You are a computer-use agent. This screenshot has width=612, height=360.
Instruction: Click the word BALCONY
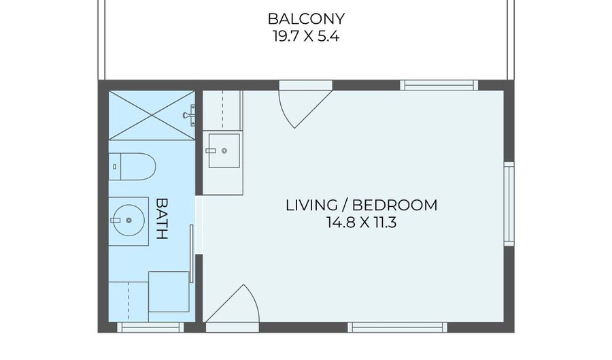click(306, 18)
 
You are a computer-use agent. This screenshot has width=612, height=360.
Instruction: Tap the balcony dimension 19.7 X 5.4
click(306, 36)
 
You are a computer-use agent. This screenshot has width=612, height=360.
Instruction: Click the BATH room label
click(162, 218)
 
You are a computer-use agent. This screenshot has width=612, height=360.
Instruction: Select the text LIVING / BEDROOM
click(362, 205)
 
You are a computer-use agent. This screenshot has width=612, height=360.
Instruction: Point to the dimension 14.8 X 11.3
click(362, 223)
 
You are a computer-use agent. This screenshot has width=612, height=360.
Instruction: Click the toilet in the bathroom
click(132, 166)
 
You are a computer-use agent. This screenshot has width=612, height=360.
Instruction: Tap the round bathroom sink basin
click(129, 220)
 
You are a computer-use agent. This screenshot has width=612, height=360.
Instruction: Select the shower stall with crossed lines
click(152, 115)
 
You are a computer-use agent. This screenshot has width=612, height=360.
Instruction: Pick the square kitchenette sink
click(224, 150)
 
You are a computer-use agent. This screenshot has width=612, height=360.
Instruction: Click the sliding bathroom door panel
click(191, 254)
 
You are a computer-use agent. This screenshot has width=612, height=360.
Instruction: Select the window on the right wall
click(509, 203)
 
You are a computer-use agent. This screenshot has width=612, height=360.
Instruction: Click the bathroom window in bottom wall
click(151, 327)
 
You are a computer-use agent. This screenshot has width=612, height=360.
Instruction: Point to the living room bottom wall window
click(397, 327)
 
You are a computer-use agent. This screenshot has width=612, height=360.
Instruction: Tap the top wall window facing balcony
click(439, 85)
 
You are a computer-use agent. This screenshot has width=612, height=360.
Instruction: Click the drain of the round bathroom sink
click(129, 220)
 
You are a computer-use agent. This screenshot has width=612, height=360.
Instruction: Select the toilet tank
click(115, 166)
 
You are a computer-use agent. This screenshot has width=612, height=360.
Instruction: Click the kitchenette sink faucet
click(211, 150)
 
